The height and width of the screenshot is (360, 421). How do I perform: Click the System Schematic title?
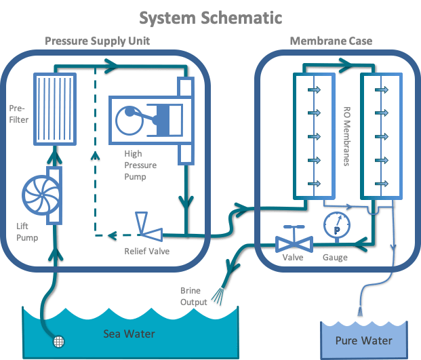click(x=210, y=17)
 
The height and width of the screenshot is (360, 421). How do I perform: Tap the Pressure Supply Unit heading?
click(x=97, y=41)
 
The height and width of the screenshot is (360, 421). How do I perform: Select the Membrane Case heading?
click(x=331, y=41)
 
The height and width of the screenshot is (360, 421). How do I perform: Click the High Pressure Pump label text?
click(x=140, y=165)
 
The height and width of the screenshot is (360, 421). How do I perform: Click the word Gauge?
click(x=336, y=258)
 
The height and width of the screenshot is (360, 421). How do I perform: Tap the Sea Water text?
click(x=129, y=334)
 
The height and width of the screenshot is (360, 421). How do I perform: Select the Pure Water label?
click(x=364, y=340)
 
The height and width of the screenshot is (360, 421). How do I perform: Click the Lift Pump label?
click(x=27, y=232)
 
